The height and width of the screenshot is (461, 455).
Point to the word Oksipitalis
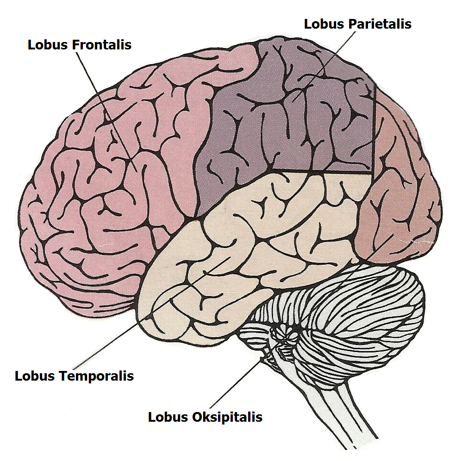(227, 417)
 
